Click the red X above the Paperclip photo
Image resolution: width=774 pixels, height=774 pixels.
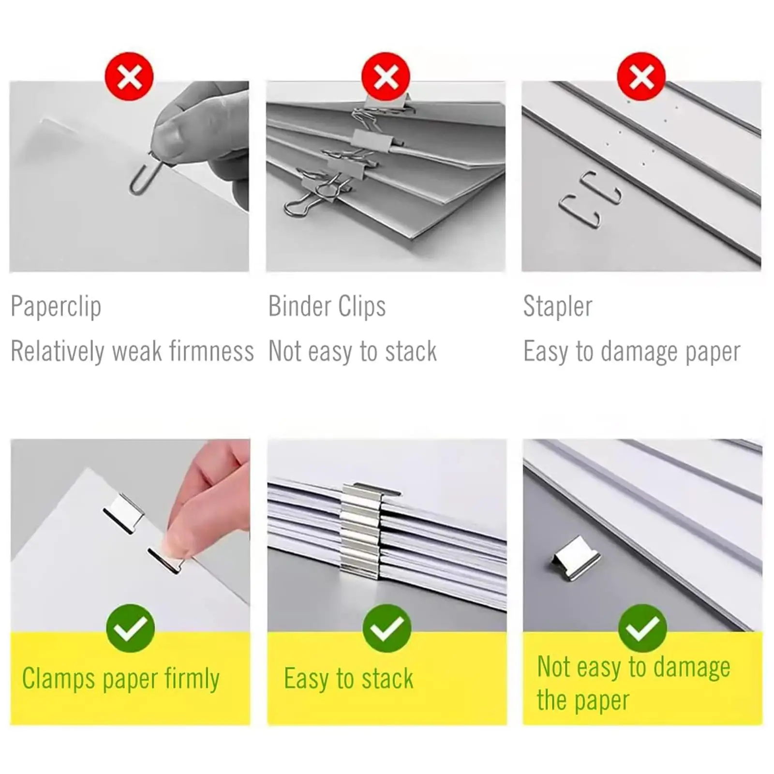click(x=129, y=76)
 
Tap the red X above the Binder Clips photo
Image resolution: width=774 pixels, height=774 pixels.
click(x=386, y=76)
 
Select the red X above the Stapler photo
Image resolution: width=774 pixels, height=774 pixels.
click(x=641, y=76)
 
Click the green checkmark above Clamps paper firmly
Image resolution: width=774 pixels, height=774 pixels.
click(x=130, y=628)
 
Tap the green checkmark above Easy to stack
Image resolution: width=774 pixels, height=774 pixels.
click(x=387, y=628)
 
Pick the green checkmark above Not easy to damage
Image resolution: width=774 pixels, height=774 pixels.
click(x=642, y=628)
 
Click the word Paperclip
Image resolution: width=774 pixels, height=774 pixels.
click(x=56, y=307)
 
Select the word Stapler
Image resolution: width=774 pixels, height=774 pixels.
click(x=558, y=307)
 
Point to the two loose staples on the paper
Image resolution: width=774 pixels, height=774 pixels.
click(x=590, y=199)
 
